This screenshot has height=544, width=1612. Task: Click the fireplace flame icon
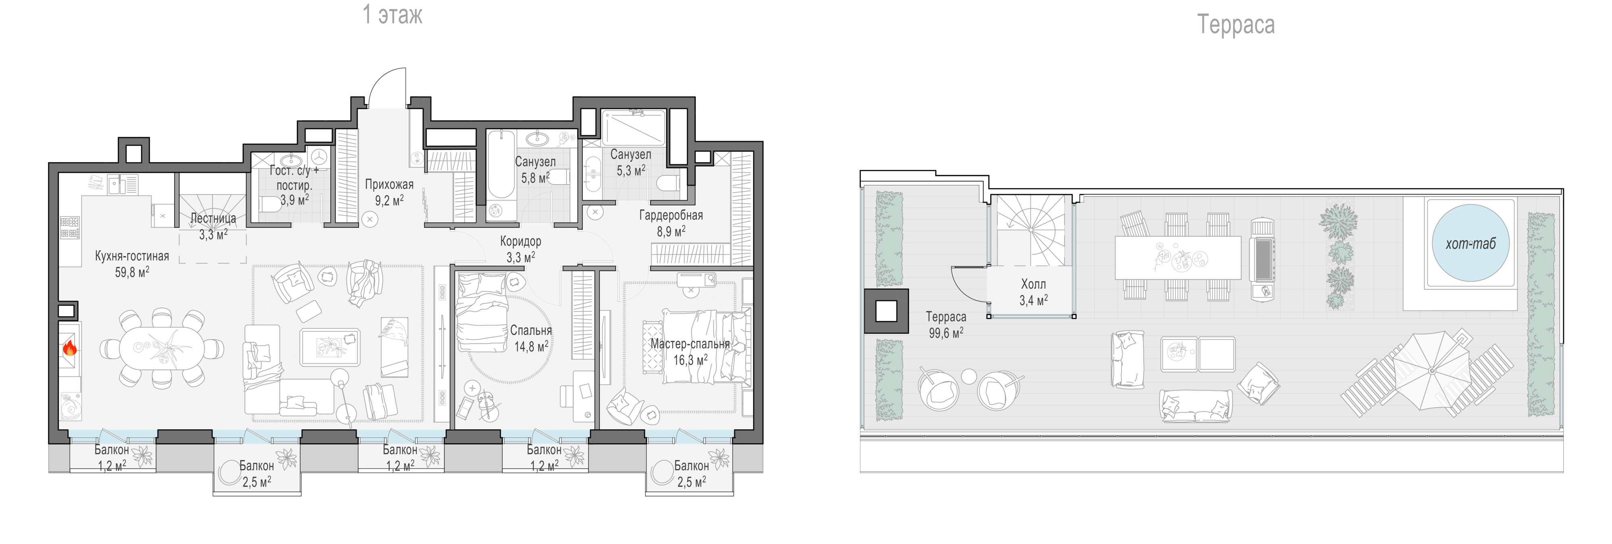pyautogui.click(x=69, y=347)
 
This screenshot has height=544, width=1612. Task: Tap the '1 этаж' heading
pyautogui.click(x=393, y=14)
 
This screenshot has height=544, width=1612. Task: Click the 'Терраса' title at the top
pyautogui.click(x=1236, y=25)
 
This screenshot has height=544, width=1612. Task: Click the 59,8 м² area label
pyautogui.click(x=132, y=272)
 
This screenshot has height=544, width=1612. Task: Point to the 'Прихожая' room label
pyautogui.click(x=389, y=184)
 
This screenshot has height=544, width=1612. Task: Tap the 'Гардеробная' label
pyautogui.click(x=671, y=215)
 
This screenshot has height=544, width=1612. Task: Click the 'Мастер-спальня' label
pyautogui.click(x=690, y=344)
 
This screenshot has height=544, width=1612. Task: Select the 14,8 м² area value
pyautogui.click(x=531, y=346)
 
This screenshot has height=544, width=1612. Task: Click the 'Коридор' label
pyautogui.click(x=521, y=241)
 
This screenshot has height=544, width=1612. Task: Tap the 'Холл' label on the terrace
pyautogui.click(x=1033, y=284)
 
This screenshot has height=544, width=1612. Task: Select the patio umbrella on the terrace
pyautogui.click(x=1432, y=370)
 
